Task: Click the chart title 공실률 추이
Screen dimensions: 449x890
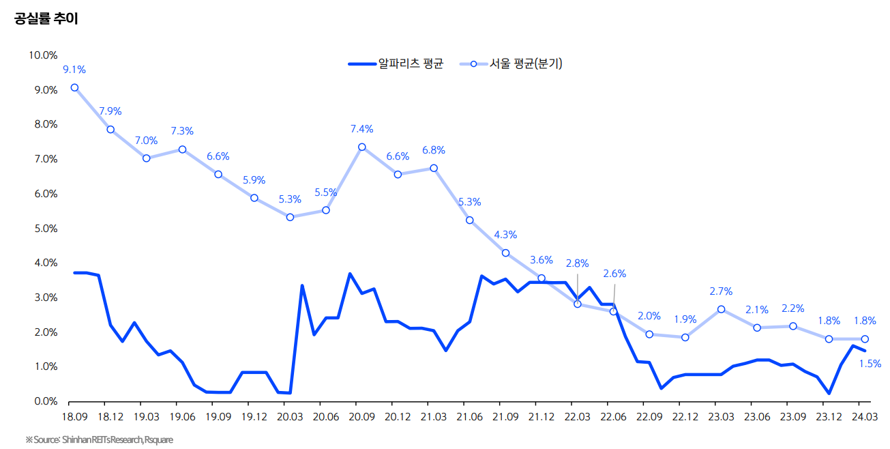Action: coord(46,19)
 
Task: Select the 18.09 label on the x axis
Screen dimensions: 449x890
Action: coord(74,416)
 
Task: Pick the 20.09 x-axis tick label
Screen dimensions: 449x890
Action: coord(362,416)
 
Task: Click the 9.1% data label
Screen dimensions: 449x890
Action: coord(74,70)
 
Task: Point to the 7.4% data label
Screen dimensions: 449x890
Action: coord(362,129)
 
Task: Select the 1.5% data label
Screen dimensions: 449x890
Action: coord(870,364)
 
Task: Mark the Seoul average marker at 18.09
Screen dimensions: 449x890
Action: coord(74,87)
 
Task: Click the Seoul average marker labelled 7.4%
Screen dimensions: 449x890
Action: coord(362,147)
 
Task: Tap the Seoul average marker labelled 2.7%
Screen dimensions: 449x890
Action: coord(722,309)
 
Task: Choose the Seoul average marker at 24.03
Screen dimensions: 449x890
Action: coord(865,339)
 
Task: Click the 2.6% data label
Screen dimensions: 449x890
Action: coord(614,274)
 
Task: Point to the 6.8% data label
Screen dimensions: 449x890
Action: coord(434,150)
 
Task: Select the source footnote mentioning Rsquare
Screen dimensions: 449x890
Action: coord(100,439)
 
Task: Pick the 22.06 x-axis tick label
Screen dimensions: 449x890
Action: coord(614,416)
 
